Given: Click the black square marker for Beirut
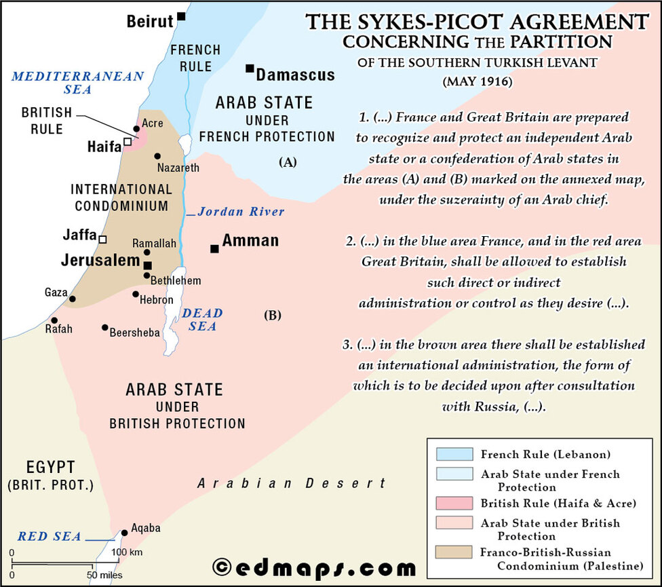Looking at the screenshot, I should [x=181, y=16].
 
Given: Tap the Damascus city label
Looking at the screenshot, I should [x=295, y=74].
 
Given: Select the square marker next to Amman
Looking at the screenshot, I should [x=214, y=249].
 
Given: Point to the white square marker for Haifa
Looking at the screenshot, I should [x=127, y=142].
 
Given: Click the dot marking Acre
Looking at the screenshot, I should [x=137, y=128].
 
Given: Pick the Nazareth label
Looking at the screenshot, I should [x=178, y=167].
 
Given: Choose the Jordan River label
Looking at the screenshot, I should [x=241, y=212].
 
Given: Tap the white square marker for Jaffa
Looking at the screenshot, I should [x=102, y=239].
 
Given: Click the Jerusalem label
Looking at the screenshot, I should [x=100, y=261].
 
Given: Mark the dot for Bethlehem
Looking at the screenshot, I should [x=147, y=275].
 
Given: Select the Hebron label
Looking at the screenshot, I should [x=156, y=299].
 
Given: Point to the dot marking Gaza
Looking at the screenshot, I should [x=73, y=299].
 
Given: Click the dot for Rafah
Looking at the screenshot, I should [x=54, y=320].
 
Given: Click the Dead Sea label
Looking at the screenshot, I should [x=201, y=320].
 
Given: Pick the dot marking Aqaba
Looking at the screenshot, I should [x=124, y=533].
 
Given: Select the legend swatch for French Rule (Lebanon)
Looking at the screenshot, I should [x=450, y=454].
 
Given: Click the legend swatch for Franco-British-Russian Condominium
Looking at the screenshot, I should [x=450, y=552].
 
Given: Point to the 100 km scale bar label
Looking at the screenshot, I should [x=128, y=552].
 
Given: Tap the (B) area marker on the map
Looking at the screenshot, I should [x=272, y=315].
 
